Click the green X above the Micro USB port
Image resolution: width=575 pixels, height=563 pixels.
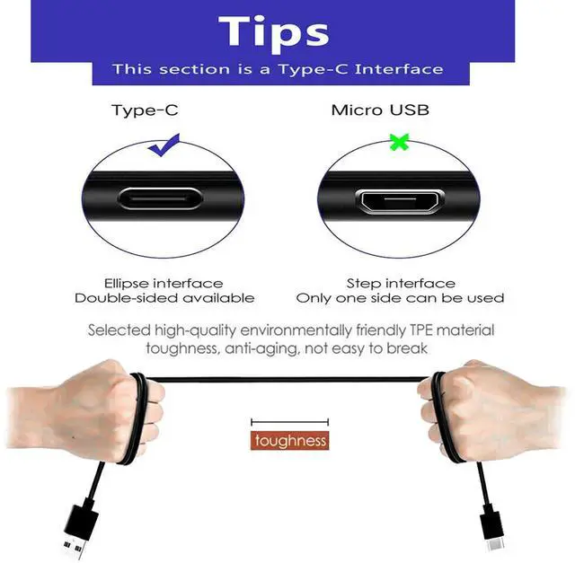[x=399, y=141]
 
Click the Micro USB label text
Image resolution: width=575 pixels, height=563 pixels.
[x=380, y=110]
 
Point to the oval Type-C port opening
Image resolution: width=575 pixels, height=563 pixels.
[x=161, y=198]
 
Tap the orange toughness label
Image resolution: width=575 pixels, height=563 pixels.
[x=290, y=441]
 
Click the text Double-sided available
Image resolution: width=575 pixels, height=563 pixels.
[x=164, y=298]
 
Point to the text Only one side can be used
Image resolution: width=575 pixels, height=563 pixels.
[x=400, y=298]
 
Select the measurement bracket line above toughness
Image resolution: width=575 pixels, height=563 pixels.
[x=290, y=421]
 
